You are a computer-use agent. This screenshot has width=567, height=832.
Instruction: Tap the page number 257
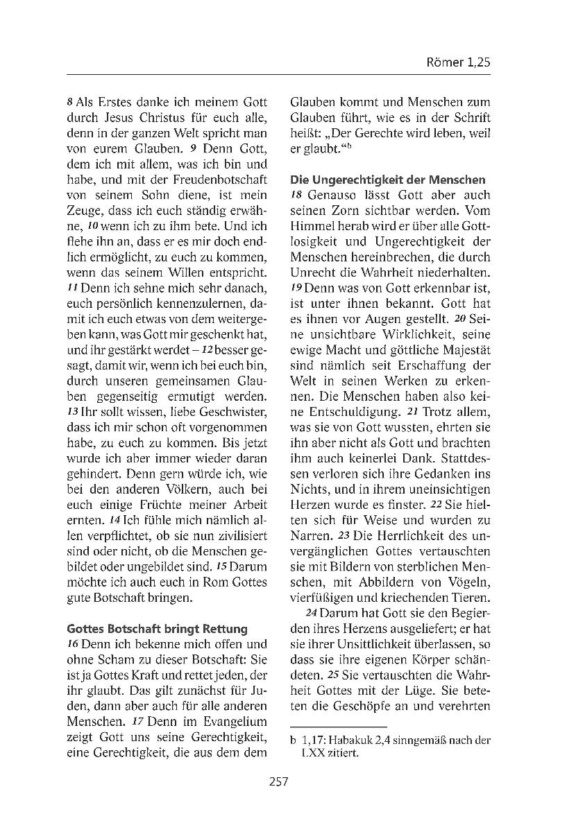[x=278, y=781]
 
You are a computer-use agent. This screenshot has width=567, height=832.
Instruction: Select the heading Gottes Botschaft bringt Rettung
[x=157, y=629]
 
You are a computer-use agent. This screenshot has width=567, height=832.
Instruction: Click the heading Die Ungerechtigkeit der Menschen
[x=387, y=180]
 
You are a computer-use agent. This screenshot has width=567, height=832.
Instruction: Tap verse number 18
[x=296, y=196]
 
